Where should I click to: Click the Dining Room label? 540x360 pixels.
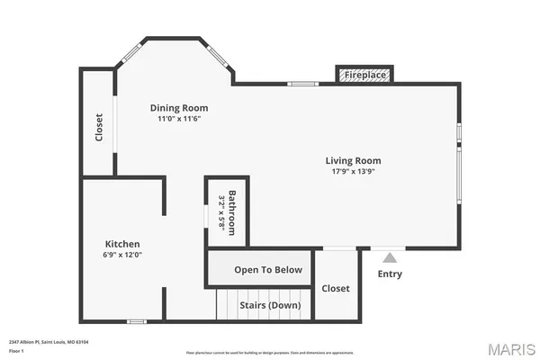click(x=178, y=107)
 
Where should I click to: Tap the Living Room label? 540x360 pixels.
click(x=350, y=160)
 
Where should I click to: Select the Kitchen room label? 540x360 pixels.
click(x=122, y=243)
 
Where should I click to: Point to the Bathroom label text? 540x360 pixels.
click(x=232, y=212)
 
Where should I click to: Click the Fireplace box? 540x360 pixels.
click(x=366, y=75)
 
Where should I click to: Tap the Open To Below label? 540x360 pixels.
click(x=261, y=269)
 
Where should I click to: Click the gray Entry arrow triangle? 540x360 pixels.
click(x=390, y=257)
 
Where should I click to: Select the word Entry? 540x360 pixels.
click(x=390, y=274)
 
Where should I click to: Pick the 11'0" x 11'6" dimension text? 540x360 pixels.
click(x=178, y=118)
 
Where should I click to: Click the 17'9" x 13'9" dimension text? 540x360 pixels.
click(x=350, y=171)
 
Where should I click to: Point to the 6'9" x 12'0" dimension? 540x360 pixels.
click(x=123, y=255)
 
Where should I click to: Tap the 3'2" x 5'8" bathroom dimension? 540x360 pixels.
click(x=220, y=213)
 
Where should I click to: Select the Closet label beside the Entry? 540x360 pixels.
click(x=336, y=288)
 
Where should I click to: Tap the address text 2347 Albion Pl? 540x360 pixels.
click(x=49, y=342)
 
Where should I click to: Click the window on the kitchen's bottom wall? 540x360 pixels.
click(x=137, y=320)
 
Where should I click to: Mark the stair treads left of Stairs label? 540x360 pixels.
click(x=227, y=304)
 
